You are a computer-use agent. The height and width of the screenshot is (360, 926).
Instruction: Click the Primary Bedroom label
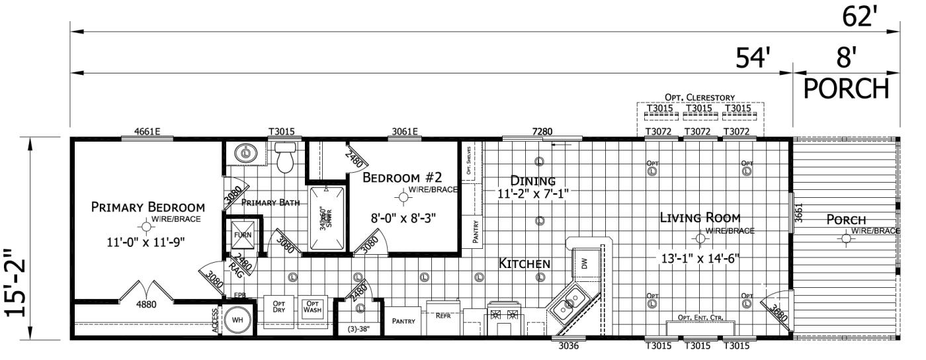click(x=147, y=206)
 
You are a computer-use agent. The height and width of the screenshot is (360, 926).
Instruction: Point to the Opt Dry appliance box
click(x=278, y=308)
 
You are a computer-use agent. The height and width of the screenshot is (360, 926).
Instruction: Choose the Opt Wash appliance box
click(x=312, y=308)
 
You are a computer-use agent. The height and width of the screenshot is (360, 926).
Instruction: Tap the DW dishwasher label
click(x=583, y=263)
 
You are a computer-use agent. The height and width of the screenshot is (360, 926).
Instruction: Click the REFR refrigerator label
click(x=442, y=316)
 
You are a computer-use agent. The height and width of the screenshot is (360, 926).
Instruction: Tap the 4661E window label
click(x=147, y=131)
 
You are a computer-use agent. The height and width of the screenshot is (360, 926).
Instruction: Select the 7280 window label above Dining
click(x=541, y=131)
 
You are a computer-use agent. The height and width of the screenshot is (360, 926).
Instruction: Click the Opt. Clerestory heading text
click(x=700, y=97)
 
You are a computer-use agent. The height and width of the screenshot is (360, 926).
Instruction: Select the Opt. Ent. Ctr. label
click(x=700, y=318)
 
